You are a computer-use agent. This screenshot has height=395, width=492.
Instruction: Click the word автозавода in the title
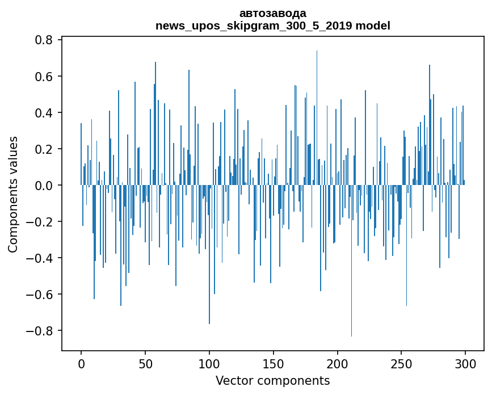click(x=272, y=13)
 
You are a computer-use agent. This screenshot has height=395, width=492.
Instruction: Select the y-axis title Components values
click(x=13, y=194)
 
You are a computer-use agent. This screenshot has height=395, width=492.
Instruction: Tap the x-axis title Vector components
click(x=272, y=380)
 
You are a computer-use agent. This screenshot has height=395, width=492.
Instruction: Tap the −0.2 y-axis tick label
click(x=41, y=222)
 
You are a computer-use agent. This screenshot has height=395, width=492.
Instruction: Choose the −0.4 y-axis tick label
click(x=41, y=258)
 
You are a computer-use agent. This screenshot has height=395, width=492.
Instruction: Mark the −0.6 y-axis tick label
click(x=41, y=295)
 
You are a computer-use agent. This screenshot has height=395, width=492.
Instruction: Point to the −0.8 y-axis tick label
click(x=41, y=331)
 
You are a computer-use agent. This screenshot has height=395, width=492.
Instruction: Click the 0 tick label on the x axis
click(x=81, y=363)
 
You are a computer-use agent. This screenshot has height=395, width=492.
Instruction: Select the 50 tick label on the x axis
click(x=145, y=363)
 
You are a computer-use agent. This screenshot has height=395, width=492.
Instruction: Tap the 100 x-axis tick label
click(x=209, y=363)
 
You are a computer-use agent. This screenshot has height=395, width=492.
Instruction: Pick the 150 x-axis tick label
click(x=274, y=363)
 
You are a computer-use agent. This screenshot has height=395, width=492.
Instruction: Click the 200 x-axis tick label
click(x=338, y=363)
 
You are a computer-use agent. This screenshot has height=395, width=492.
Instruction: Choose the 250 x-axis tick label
click(x=402, y=363)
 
